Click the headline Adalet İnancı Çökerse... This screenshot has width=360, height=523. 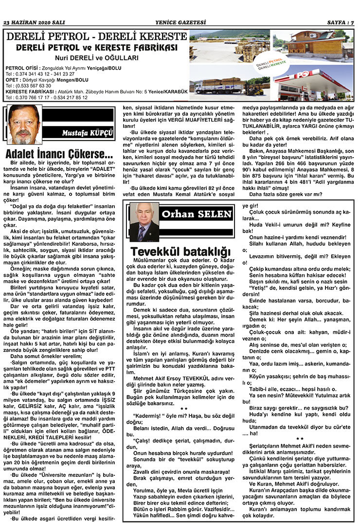click(59, 153)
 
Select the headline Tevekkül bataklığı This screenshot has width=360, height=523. click(180, 252)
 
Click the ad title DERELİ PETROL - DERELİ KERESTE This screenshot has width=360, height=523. click(95, 36)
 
